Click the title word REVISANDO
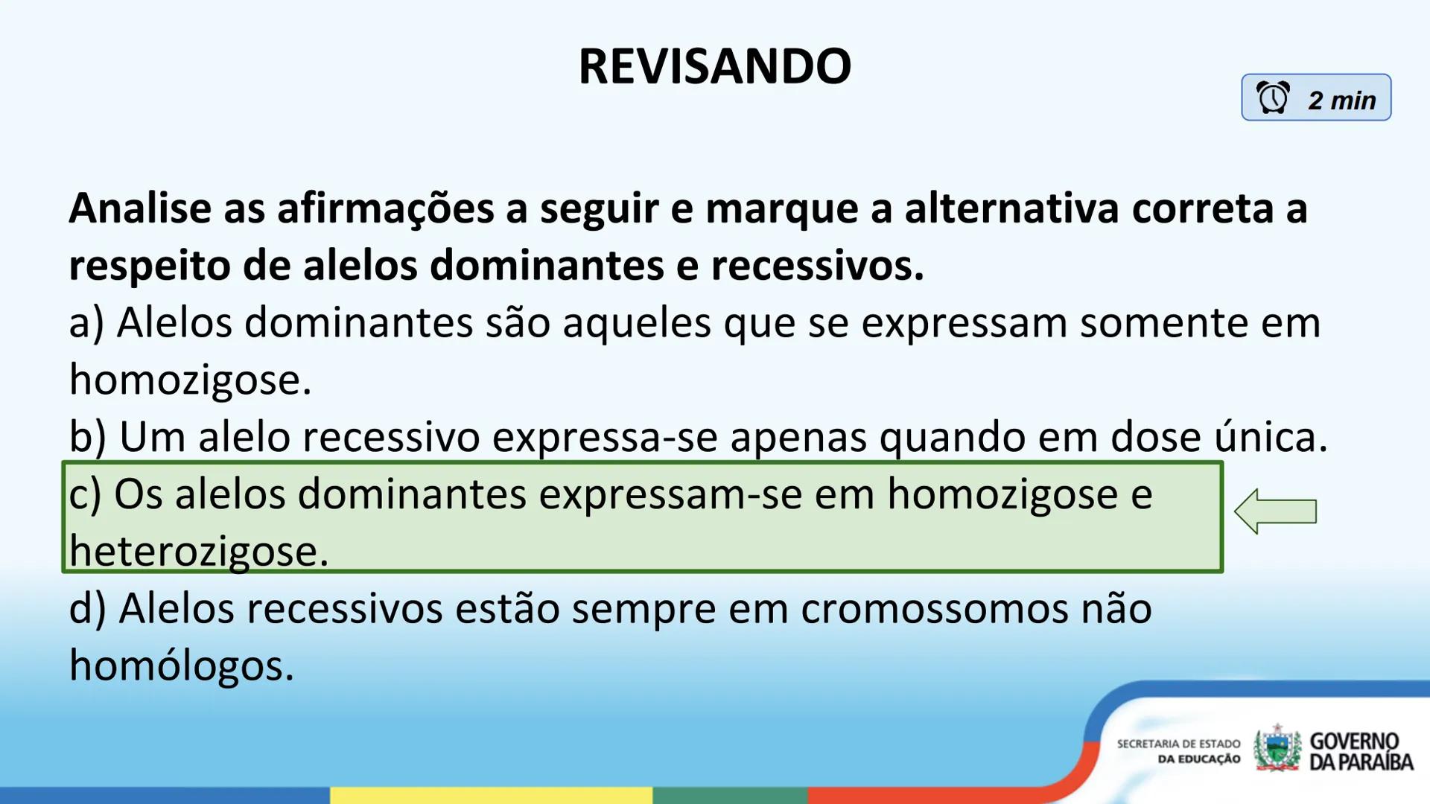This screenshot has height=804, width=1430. click(x=714, y=66)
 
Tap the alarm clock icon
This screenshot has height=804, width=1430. click(x=1273, y=98)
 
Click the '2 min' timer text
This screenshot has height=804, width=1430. click(x=1341, y=100)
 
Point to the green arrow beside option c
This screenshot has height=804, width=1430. click(x=1275, y=511)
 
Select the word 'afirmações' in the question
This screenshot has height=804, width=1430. click(x=385, y=208)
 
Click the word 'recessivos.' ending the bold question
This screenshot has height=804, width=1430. click(x=817, y=266)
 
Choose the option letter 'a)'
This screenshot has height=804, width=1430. click(x=86, y=324)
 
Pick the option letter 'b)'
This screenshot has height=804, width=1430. click(x=87, y=437)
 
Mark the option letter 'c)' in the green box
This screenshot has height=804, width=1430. click(x=85, y=494)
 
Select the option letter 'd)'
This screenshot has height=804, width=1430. click(x=87, y=608)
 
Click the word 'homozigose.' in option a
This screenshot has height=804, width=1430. click(x=190, y=380)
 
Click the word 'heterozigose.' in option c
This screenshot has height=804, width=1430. click(x=198, y=552)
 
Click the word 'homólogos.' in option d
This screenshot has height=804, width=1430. click(x=181, y=666)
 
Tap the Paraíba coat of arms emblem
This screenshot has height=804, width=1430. click(x=1277, y=749)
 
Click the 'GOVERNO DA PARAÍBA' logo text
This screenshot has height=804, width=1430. click(x=1360, y=751)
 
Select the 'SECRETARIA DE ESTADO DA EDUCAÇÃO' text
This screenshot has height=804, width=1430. click(x=1178, y=751)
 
